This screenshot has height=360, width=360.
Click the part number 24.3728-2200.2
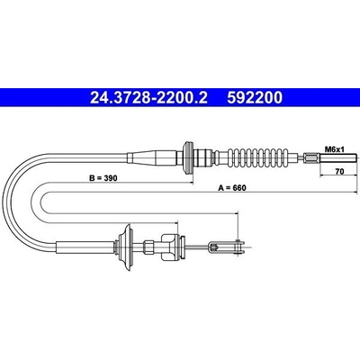[x=148, y=97]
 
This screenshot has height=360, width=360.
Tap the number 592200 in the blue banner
[x=255, y=97]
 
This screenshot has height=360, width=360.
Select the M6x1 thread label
[x=335, y=148]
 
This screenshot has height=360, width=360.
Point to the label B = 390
[x=103, y=178]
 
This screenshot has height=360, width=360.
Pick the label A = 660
[x=231, y=188]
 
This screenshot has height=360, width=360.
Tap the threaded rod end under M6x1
[x=338, y=157]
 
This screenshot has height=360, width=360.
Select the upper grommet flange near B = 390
[x=188, y=157]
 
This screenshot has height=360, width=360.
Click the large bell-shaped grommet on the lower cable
[x=125, y=247]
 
